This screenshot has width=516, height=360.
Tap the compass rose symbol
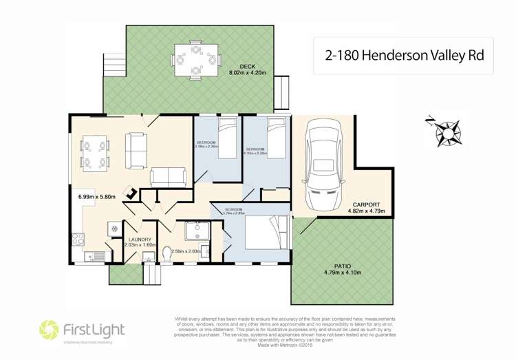tap(448, 131)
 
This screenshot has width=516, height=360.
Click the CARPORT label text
tap(367, 204)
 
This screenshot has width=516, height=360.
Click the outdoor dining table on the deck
tap(192, 59)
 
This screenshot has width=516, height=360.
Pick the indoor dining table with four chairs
tap(96, 153)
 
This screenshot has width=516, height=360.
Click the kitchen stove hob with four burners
tap(78, 240)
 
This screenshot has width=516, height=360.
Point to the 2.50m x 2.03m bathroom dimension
tap(186, 251)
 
